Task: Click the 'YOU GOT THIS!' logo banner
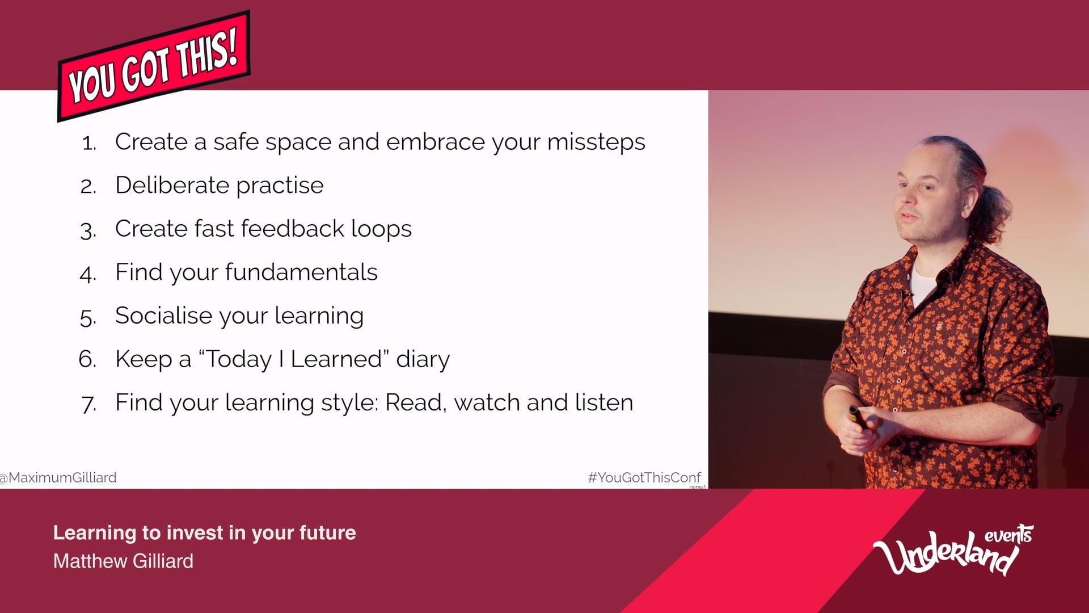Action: pyautogui.click(x=154, y=66)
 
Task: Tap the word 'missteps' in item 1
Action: pyautogui.click(x=596, y=142)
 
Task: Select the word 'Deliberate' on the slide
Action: pyautogui.click(x=172, y=185)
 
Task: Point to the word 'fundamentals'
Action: pyautogui.click(x=301, y=272)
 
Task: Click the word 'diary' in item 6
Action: pyautogui.click(x=423, y=360)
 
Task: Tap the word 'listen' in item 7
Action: pyautogui.click(x=604, y=402)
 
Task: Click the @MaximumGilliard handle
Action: pyautogui.click(x=58, y=478)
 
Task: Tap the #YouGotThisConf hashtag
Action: pyautogui.click(x=644, y=478)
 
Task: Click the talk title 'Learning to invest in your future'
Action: pyautogui.click(x=205, y=533)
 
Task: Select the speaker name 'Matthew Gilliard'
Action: pyautogui.click(x=123, y=561)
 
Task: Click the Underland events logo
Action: pyautogui.click(x=953, y=549)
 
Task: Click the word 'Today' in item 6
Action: pyautogui.click(x=238, y=360)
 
